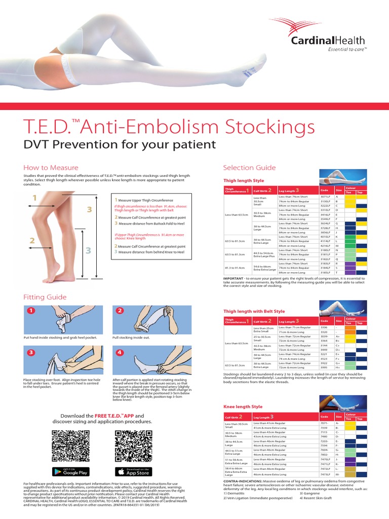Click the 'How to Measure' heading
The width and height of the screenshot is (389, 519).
[51, 167]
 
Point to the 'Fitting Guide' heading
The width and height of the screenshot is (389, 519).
[45, 297]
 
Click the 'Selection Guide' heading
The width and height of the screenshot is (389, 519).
[249, 167]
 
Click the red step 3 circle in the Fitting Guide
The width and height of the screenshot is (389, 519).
[31, 352]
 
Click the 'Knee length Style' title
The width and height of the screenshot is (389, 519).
[243, 406]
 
